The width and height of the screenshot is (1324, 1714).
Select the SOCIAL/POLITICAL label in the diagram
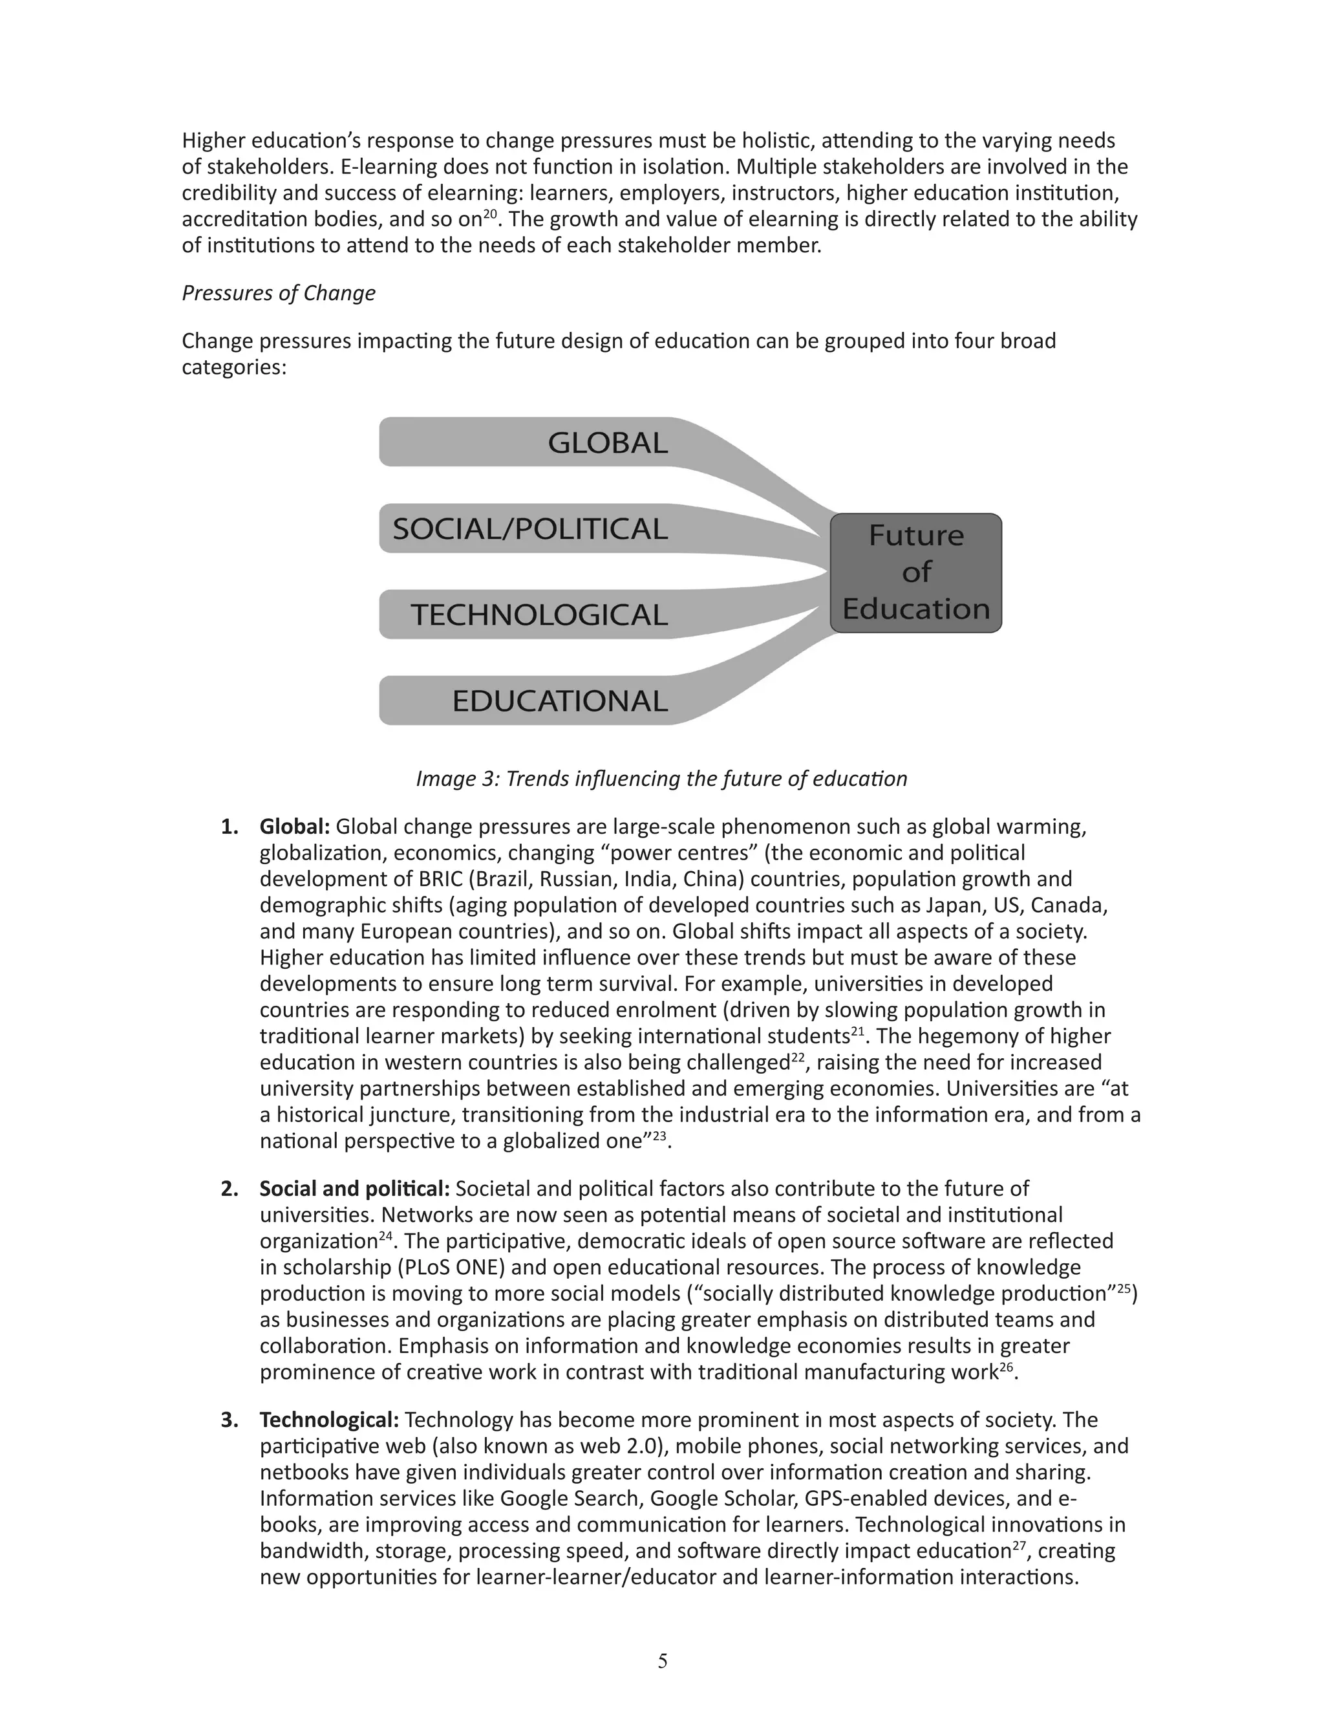[x=529, y=529]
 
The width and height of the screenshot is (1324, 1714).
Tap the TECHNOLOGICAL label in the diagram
[x=539, y=614]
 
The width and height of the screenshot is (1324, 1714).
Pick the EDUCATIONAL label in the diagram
[x=559, y=701]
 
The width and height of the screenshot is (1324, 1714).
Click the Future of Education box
[x=915, y=573]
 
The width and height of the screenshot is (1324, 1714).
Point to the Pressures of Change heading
[x=279, y=293]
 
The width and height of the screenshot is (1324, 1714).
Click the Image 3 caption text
[x=661, y=779]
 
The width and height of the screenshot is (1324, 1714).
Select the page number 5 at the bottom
[x=662, y=1660]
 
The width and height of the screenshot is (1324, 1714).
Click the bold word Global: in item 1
[x=295, y=827]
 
